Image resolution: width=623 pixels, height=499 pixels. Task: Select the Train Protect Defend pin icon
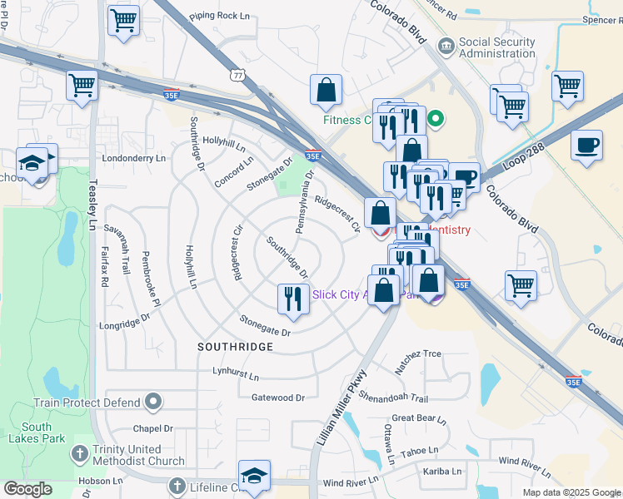(152, 403)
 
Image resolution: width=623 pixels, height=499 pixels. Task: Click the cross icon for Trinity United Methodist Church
(79, 455)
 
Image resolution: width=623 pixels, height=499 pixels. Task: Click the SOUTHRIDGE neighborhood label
(236, 345)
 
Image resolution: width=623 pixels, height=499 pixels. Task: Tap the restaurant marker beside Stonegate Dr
(292, 299)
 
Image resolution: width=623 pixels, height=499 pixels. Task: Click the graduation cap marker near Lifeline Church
(254, 475)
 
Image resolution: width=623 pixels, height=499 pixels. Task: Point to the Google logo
(27, 489)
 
